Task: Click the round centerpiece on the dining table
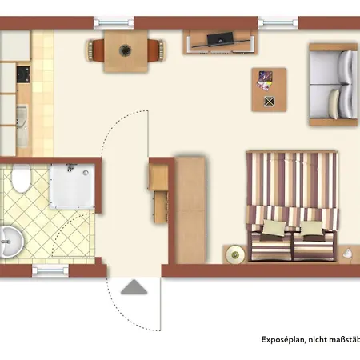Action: click(126, 50)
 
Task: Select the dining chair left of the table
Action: click(93, 50)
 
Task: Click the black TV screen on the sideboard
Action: click(218, 38)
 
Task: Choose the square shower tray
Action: click(74, 186)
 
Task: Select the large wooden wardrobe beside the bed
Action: click(191, 207)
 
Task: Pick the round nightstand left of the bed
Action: click(234, 254)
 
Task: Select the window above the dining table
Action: click(118, 21)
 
